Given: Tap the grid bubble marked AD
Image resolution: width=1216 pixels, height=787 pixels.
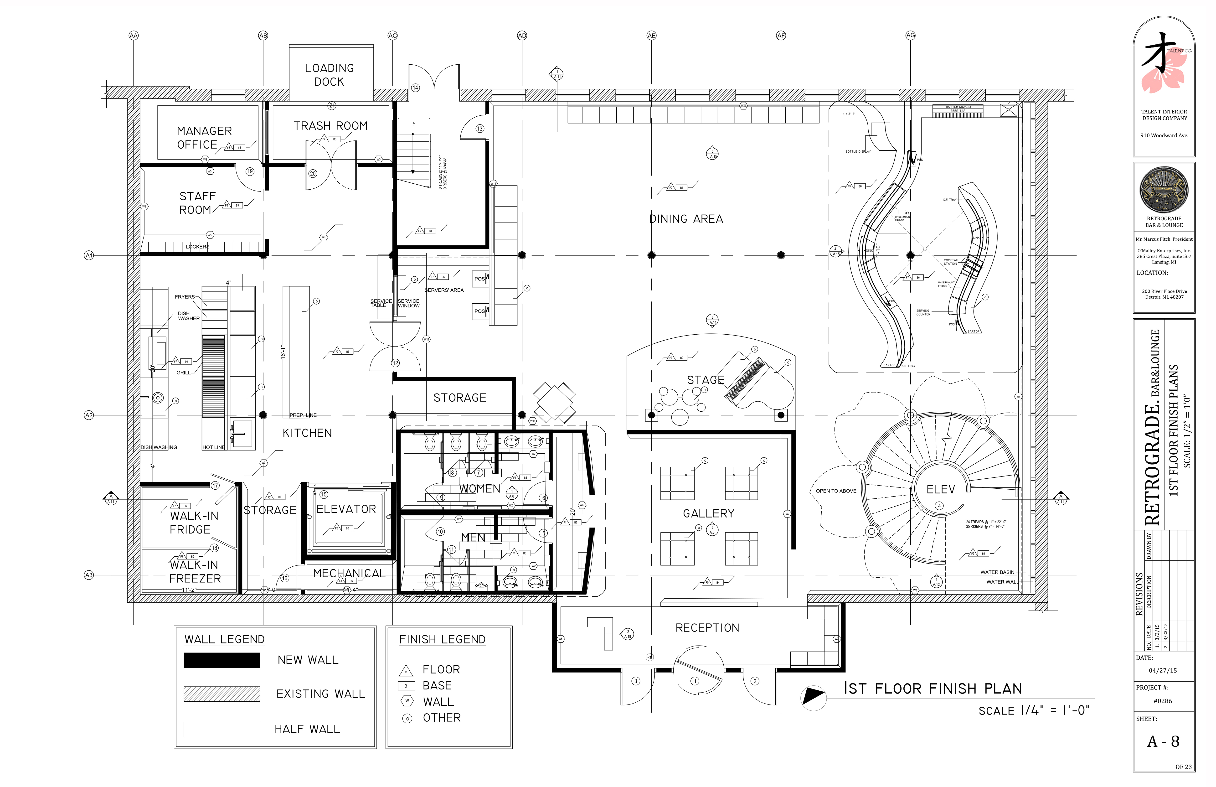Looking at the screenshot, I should pos(522,35).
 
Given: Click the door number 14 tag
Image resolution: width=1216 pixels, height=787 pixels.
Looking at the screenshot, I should pos(415,87).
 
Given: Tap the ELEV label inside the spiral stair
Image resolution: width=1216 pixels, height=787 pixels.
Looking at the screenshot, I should pos(940,490).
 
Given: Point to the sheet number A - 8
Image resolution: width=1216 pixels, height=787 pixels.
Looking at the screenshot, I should pos(1163,741).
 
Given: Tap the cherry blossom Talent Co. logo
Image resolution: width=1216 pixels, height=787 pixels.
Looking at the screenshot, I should pos(1163,67).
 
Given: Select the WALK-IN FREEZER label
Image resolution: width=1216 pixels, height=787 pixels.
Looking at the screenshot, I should pos(195,572).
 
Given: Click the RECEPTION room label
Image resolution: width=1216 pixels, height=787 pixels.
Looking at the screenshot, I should pos(707,627).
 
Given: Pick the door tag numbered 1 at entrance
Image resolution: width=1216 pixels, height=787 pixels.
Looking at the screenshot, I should pos(695,681).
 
